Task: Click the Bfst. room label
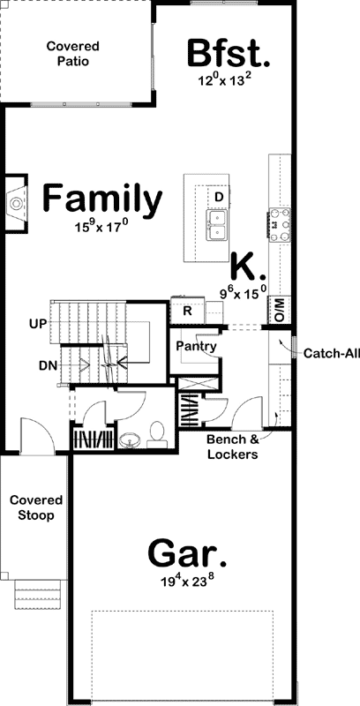pos(229,54)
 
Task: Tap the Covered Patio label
pos(73,54)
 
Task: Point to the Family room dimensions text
pos(102,227)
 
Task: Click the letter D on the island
pos(218,196)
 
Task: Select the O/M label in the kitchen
pos(280,309)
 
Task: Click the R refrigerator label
pos(187,311)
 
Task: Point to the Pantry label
pos(196,347)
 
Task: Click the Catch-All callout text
pos(332,354)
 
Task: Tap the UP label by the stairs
pos(37,324)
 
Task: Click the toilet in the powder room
pos(157,432)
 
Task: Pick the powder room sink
pos(131,439)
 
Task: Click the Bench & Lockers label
pos(232,447)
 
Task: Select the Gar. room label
pos(186,555)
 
